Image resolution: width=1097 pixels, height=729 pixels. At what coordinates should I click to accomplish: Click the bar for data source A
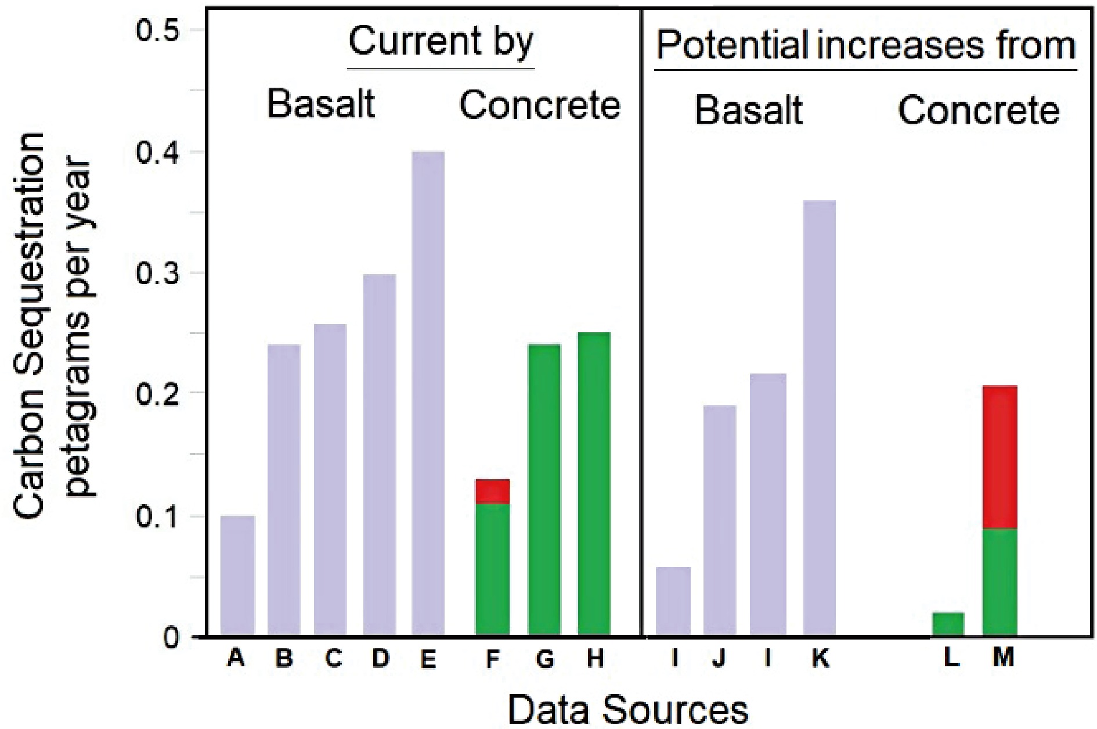237,575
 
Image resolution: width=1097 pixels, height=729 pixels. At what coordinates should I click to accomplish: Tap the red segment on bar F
492,491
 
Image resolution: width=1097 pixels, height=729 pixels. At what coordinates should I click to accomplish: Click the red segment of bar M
999,457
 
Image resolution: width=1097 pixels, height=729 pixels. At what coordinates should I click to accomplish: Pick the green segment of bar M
999,581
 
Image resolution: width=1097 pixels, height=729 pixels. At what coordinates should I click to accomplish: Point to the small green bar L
947,624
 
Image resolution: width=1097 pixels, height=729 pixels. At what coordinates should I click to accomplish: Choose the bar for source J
719,520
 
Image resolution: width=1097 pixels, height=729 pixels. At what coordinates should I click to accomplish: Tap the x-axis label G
544,659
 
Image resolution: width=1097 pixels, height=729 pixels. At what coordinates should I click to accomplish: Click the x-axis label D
380,659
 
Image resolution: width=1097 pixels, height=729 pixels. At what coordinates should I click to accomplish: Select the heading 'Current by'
441,42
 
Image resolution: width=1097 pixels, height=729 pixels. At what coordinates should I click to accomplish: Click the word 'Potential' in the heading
731,45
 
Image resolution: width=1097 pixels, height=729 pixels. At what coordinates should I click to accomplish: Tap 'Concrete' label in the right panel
979,110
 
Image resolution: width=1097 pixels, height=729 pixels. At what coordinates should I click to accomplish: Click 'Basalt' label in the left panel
320,105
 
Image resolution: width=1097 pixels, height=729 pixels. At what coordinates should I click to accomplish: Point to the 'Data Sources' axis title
628,709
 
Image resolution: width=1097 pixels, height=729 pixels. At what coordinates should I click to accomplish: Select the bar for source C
330,479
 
